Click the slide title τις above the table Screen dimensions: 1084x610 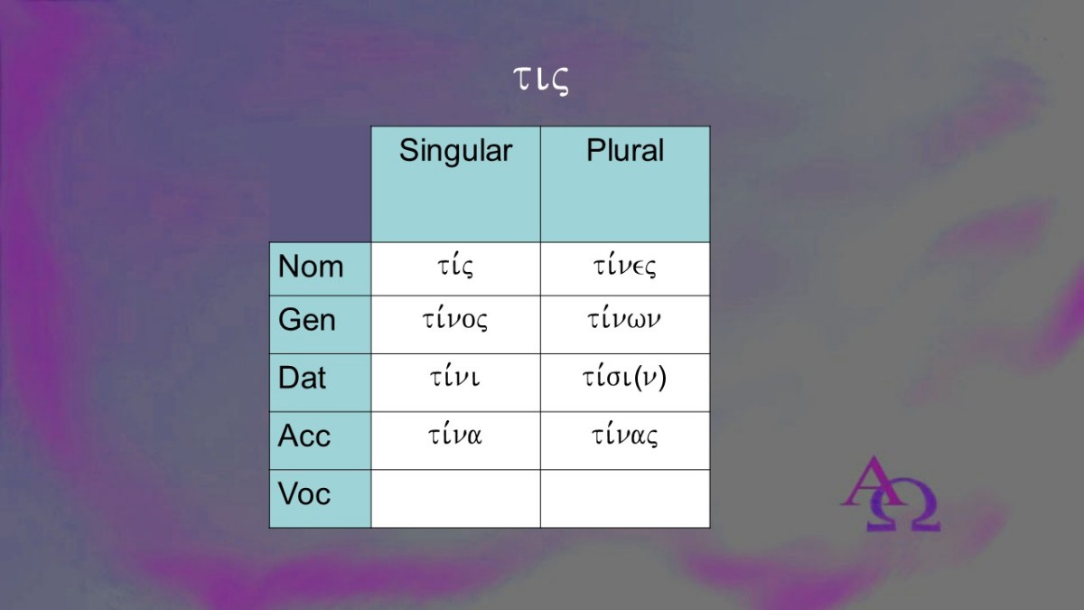[x=540, y=80]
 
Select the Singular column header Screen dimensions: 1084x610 [x=455, y=151]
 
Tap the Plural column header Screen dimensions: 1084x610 [x=625, y=150]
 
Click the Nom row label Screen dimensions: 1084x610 [x=311, y=267]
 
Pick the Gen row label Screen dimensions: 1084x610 [x=307, y=320]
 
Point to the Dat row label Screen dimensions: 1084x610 [x=302, y=378]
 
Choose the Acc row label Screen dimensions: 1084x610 [x=304, y=436]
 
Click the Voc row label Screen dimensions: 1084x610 [x=304, y=493]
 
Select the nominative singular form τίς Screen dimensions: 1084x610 [x=455, y=267]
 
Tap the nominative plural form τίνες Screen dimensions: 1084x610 [x=625, y=267]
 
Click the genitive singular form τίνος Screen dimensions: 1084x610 [x=455, y=320]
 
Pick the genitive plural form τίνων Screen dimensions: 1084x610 [x=624, y=320]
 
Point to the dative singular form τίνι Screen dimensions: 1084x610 [x=455, y=377]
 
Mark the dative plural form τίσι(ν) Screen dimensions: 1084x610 [x=624, y=378]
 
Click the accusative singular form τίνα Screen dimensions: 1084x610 [x=455, y=435]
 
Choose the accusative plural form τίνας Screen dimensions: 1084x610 [x=625, y=436]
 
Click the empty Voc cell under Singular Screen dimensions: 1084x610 [x=456, y=499]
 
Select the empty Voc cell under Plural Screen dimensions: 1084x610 [x=625, y=499]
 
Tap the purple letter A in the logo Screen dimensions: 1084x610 [x=871, y=481]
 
